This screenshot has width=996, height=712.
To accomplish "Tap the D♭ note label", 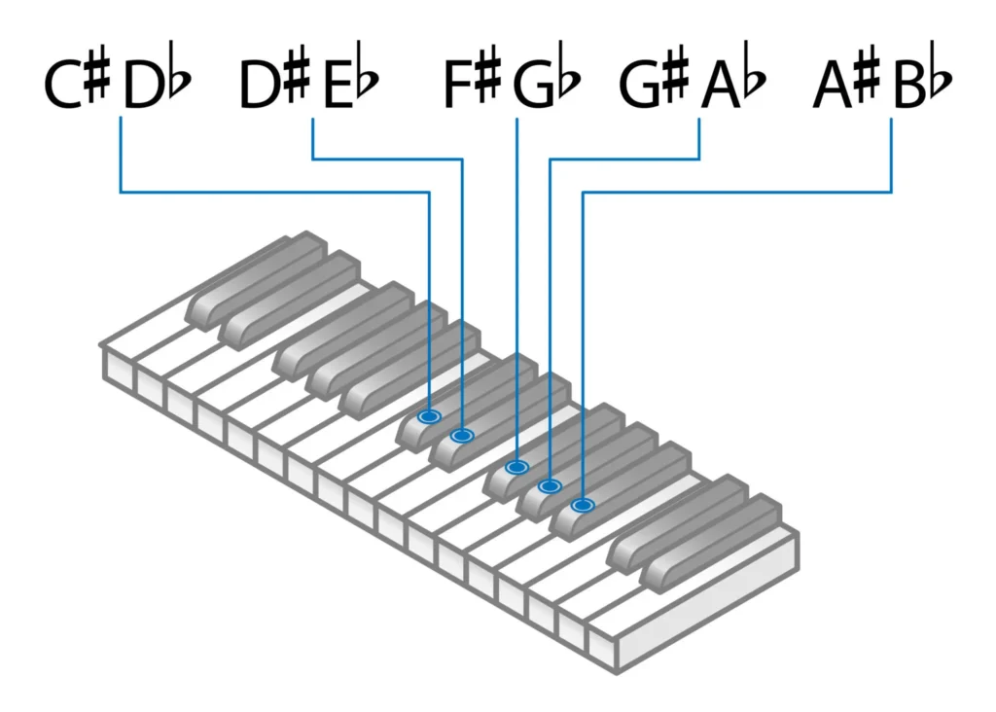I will (x=156, y=84).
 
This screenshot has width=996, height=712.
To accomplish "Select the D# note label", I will (x=273, y=84).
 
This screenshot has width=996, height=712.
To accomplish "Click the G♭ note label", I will (x=547, y=84).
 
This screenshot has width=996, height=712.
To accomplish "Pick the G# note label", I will (x=655, y=84).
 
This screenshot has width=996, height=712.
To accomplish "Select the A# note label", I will (x=846, y=84).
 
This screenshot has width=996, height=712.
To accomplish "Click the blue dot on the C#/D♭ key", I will (x=429, y=416).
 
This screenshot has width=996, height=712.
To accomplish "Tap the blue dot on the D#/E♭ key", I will (x=462, y=435).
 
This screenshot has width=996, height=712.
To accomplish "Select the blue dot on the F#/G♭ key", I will (x=516, y=468).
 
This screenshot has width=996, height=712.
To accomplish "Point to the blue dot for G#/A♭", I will (x=550, y=485).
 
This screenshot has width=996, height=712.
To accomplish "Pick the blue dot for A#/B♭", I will (x=582, y=505).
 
